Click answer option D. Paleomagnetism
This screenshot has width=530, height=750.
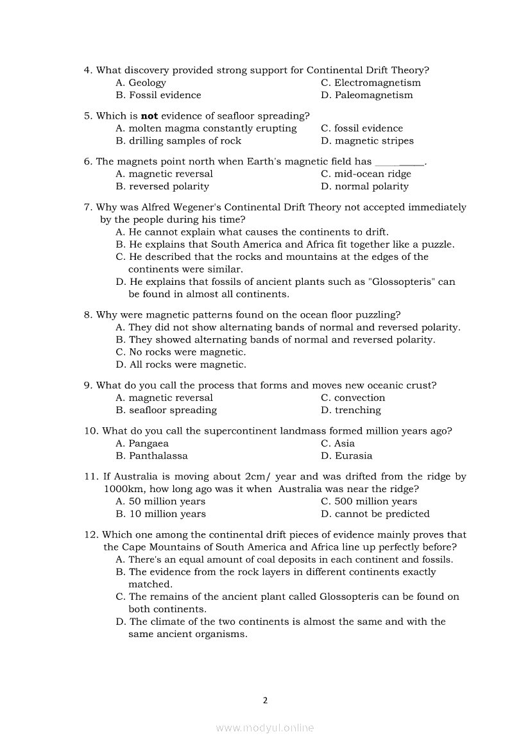tap(367, 95)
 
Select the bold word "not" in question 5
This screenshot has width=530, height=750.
tap(149, 115)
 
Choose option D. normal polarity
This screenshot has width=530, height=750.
tap(364, 186)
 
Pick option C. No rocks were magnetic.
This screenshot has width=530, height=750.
tap(181, 352)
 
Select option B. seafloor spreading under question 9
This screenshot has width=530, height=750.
tap(166, 410)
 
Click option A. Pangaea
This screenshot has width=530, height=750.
tap(142, 443)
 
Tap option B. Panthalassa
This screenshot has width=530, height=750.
tap(152, 456)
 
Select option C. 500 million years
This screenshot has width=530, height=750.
tap(369, 501)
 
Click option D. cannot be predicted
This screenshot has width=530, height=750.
tap(375, 513)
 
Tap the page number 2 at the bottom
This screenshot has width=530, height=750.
tap(265, 700)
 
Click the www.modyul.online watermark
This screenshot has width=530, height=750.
tap(265, 728)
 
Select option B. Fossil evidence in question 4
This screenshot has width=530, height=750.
tap(158, 95)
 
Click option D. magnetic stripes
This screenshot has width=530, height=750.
tap(367, 141)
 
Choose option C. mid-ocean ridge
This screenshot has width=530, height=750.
tap(366, 174)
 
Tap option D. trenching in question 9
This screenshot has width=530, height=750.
tap(351, 410)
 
